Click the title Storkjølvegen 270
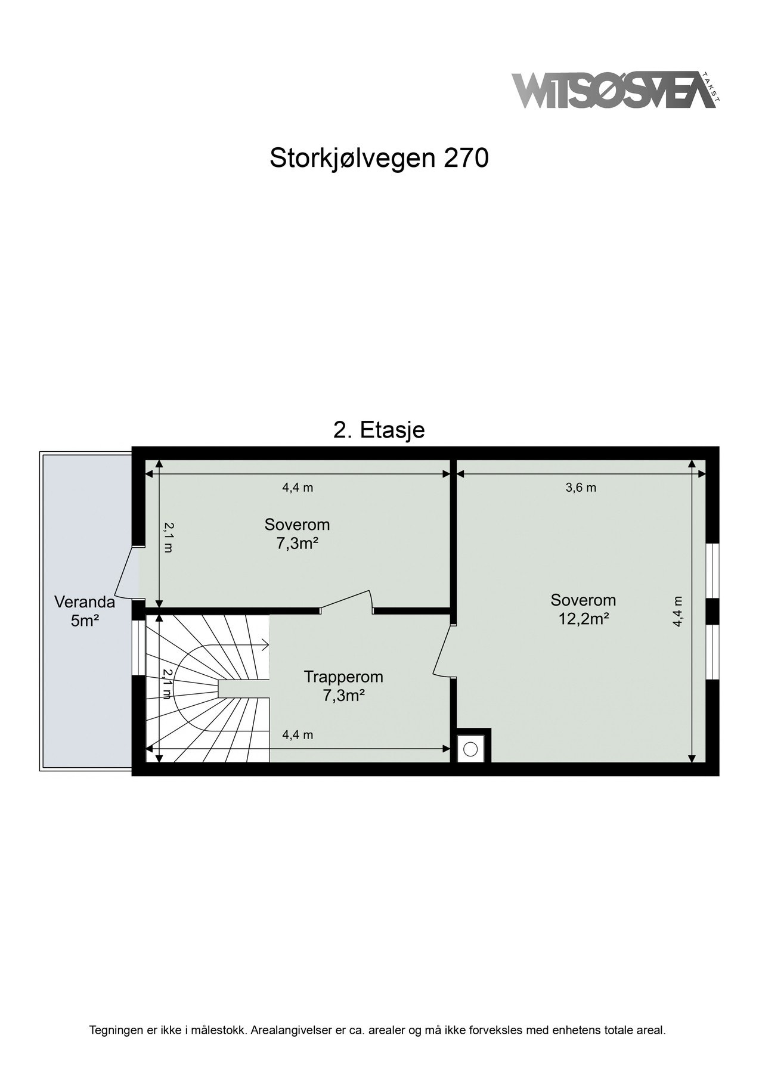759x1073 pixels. point(379,158)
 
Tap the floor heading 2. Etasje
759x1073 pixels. point(379,430)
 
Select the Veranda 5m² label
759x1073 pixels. point(85,610)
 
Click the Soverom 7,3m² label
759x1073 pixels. point(297,534)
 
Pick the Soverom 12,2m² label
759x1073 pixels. point(583,609)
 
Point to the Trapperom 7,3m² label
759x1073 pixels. point(343,686)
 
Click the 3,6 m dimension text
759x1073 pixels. point(580,488)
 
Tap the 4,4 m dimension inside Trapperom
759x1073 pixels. point(298,735)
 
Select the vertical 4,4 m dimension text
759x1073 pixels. point(677,611)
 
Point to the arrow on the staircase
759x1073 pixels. point(264,644)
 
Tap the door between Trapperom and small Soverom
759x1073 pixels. point(347,601)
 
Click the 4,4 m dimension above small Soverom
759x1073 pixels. point(298,488)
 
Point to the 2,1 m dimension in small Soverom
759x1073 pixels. point(169,536)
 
